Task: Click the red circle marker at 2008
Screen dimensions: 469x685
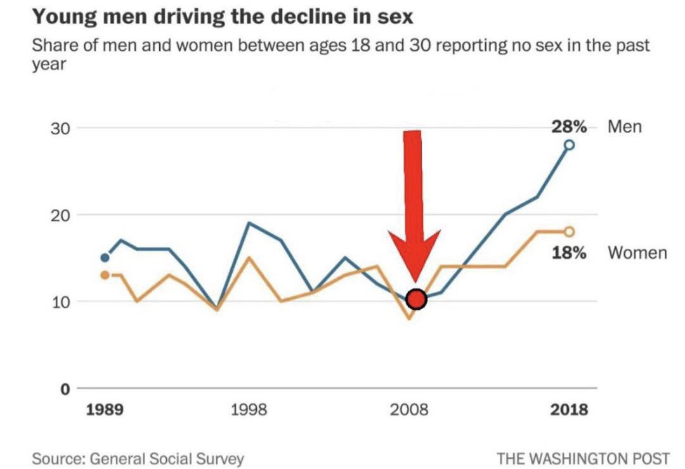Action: (416, 299)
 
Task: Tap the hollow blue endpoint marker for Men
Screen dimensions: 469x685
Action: (569, 145)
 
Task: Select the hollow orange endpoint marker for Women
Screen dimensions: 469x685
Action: (569, 232)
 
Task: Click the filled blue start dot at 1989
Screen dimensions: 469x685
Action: (105, 258)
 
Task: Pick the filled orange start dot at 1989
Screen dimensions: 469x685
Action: (105, 275)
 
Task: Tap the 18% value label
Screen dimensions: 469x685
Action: (568, 253)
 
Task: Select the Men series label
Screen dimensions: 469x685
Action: (625, 127)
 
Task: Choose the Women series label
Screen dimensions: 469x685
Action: (637, 253)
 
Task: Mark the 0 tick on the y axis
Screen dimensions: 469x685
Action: (64, 388)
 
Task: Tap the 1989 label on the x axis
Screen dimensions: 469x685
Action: (105, 409)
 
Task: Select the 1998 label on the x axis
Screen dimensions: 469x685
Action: (249, 409)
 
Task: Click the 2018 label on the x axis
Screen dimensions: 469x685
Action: (569, 409)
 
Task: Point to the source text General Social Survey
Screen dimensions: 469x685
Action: (167, 458)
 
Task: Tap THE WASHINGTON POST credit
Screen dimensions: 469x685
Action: (583, 458)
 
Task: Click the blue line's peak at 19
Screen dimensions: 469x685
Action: (249, 223)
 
